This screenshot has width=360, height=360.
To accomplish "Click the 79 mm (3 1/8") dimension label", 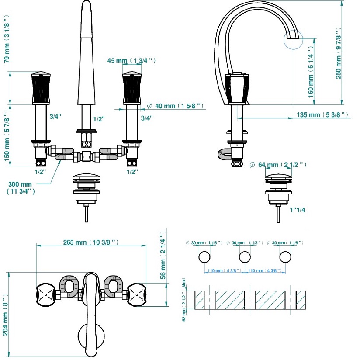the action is click(x=7, y=39).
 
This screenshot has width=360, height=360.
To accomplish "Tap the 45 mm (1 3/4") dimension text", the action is click(x=132, y=61).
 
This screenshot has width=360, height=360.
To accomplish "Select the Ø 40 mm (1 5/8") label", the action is click(x=175, y=106).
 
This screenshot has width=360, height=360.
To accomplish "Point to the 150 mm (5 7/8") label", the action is click(x=7, y=135).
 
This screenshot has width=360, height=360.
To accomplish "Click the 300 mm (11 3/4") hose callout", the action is click(x=21, y=187).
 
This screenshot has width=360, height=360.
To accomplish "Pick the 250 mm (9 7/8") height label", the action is click(x=339, y=53).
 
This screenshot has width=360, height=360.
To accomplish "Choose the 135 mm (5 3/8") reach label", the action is click(x=322, y=114).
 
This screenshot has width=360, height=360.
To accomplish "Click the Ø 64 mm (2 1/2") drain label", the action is click(x=278, y=164).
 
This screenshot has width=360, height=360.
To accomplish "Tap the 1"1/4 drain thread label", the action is click(x=298, y=210).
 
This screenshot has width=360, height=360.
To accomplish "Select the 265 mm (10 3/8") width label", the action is click(x=91, y=242).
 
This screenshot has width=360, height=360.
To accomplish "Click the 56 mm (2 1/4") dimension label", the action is click(x=163, y=255).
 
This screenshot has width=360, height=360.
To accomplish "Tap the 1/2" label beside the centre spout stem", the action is click(x=99, y=119).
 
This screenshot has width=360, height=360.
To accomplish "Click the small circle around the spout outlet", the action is click(x=293, y=40).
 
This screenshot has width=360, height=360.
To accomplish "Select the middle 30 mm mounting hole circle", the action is click(x=245, y=257).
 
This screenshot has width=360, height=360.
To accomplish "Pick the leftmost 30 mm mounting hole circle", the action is click(x=204, y=257).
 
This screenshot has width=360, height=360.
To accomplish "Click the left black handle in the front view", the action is click(x=41, y=88).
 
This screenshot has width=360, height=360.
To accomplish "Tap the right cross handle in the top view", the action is click(x=137, y=294).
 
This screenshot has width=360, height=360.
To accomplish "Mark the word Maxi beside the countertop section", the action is click(x=183, y=283).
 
